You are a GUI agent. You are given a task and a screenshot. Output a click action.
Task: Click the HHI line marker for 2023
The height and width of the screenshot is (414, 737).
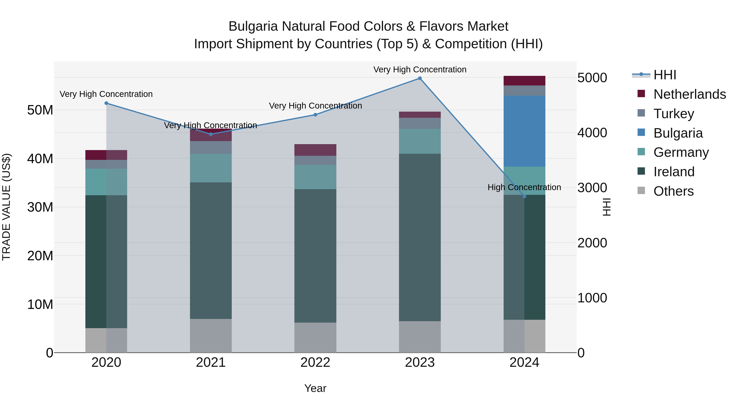pyautogui.click(x=420, y=78)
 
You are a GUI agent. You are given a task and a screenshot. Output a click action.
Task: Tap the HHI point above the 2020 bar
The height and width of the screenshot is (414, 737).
pyautogui.click(x=106, y=103)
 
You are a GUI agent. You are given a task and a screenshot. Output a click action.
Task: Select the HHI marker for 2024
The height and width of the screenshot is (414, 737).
pyautogui.click(x=524, y=196)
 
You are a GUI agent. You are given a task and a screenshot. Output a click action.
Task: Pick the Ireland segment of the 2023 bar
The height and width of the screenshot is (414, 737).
pyautogui.click(x=420, y=237)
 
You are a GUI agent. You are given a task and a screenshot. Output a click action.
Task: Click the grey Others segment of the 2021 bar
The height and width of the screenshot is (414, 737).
pyautogui.click(x=211, y=335)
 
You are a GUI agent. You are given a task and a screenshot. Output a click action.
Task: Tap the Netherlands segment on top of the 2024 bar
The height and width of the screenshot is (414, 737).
pyautogui.click(x=524, y=81)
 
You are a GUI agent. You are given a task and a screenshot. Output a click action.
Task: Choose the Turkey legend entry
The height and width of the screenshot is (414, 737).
pyautogui.click(x=674, y=114)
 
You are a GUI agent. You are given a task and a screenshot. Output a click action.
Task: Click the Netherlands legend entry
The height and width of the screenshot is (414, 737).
pyautogui.click(x=690, y=94)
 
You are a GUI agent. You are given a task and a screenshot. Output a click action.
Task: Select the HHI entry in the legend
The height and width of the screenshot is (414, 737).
pyautogui.click(x=664, y=75)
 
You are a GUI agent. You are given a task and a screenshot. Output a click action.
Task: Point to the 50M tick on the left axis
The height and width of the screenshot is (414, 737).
pyautogui.click(x=40, y=110)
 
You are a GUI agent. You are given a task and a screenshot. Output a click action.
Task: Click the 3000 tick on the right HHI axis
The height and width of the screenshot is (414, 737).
pyautogui.click(x=592, y=188)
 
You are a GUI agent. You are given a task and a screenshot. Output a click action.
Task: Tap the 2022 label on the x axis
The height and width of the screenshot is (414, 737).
pyautogui.click(x=315, y=362)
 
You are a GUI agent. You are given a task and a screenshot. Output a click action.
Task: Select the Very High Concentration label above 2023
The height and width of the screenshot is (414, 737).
pyautogui.click(x=420, y=70)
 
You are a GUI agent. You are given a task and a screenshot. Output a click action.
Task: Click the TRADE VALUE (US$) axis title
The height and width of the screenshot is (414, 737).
pyautogui.click(x=6, y=207)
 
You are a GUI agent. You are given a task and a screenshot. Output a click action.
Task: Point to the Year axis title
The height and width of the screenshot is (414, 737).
pyautogui.click(x=315, y=388)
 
